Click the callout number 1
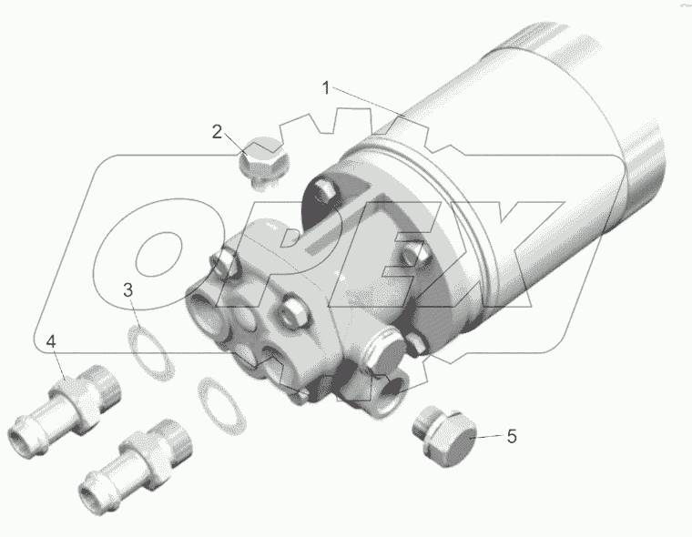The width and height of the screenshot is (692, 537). point(326,87)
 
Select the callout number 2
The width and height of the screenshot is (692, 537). point(217,132)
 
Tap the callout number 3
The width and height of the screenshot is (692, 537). point(129,290)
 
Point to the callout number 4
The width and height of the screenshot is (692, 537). point(52,342)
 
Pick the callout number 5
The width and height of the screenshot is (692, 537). point(512,436)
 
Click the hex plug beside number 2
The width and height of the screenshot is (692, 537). point(263,162)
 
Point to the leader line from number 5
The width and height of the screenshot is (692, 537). point(485,436)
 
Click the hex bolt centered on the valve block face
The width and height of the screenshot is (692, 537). point(292,315)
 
